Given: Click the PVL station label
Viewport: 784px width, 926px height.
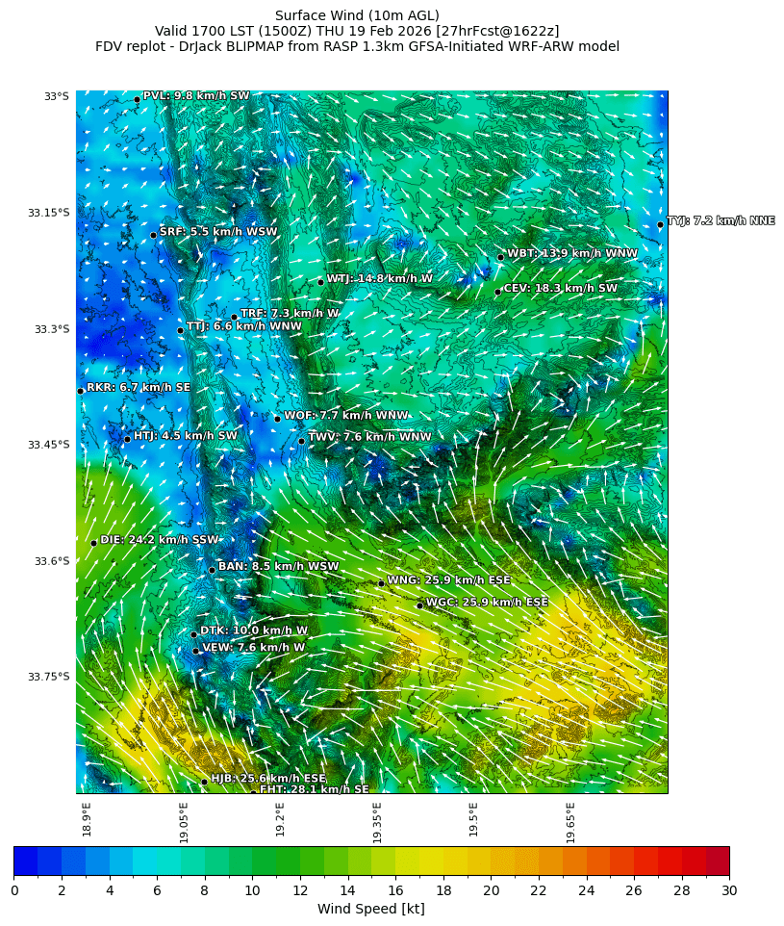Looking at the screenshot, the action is (x=195, y=96).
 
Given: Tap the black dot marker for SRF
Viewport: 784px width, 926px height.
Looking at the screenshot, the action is (x=153, y=235).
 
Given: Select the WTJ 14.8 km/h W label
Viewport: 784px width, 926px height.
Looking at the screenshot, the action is (x=379, y=279).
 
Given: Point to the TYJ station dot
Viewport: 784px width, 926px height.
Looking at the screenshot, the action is (x=660, y=225).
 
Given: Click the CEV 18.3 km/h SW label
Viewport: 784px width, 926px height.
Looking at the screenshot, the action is (x=560, y=289).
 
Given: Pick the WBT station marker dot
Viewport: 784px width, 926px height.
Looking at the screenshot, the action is (x=500, y=257).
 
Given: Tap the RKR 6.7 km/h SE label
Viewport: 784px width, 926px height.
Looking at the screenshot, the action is (x=138, y=388).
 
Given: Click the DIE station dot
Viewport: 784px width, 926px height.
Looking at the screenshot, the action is (x=94, y=543).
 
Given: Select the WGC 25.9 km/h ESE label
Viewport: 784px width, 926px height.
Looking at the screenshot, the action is (x=487, y=603).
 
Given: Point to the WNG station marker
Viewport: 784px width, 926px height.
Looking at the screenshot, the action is (x=381, y=583).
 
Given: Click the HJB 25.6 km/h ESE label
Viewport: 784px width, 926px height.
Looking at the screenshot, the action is (x=267, y=779).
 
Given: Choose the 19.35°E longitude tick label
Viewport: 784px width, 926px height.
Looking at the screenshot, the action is (x=377, y=822).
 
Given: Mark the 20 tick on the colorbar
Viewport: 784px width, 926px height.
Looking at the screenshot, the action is (x=491, y=890).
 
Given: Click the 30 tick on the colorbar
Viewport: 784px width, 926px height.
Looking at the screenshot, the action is (x=729, y=890).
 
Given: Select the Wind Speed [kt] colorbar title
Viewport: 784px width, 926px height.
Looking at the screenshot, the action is (x=370, y=910).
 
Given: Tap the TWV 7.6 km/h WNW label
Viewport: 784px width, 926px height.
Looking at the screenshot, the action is (x=369, y=437).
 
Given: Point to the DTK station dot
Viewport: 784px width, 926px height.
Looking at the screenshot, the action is (x=193, y=634).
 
